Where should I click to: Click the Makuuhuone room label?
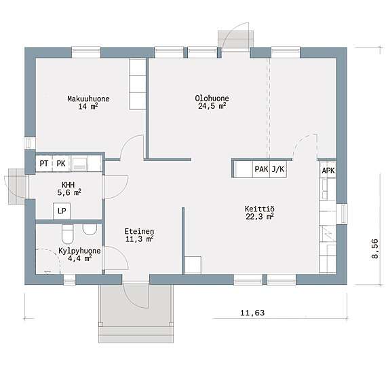point(88,99)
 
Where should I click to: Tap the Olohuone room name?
point(212,98)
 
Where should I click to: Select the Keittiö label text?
point(259,209)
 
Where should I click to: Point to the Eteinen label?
point(139,231)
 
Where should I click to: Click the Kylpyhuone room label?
point(79,251)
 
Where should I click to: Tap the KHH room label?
point(69,185)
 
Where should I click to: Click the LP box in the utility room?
point(62,211)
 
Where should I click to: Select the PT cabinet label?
point(44,163)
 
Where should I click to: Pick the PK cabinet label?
point(61,163)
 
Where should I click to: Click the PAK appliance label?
point(261,169)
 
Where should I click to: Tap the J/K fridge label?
point(278,169)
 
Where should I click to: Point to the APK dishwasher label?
point(328,171)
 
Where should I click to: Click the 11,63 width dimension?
point(252,313)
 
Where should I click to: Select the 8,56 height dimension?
point(374,249)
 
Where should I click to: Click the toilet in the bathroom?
point(67,234)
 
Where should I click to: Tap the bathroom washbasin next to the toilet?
point(90,230)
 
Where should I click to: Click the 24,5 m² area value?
point(212,106)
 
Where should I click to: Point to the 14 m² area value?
point(88,106)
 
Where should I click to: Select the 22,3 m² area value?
point(260,216)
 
